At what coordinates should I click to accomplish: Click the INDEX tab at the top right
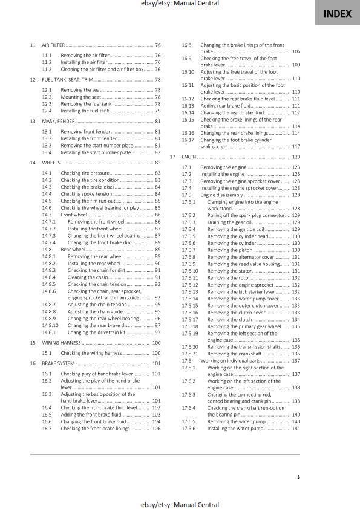coord(337,13)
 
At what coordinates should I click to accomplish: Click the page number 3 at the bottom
coord(299,477)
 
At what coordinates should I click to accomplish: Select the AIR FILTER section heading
coord(53,45)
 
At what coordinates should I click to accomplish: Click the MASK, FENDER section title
coord(58,121)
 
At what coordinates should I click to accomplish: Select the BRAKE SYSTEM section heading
coord(58,363)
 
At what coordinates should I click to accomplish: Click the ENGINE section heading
coord(191,157)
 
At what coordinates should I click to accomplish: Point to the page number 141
coord(296,428)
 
